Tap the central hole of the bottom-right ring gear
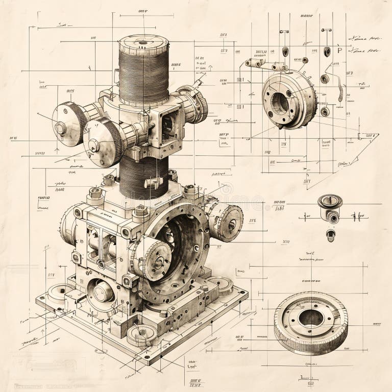[310, 318]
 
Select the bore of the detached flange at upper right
[280, 103]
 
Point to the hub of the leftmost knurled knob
[61, 128]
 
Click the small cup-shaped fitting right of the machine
[329, 204]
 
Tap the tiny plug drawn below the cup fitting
[331, 235]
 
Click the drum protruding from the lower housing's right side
[227, 223]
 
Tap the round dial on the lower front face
[102, 291]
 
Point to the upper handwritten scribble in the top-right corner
[364, 38]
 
